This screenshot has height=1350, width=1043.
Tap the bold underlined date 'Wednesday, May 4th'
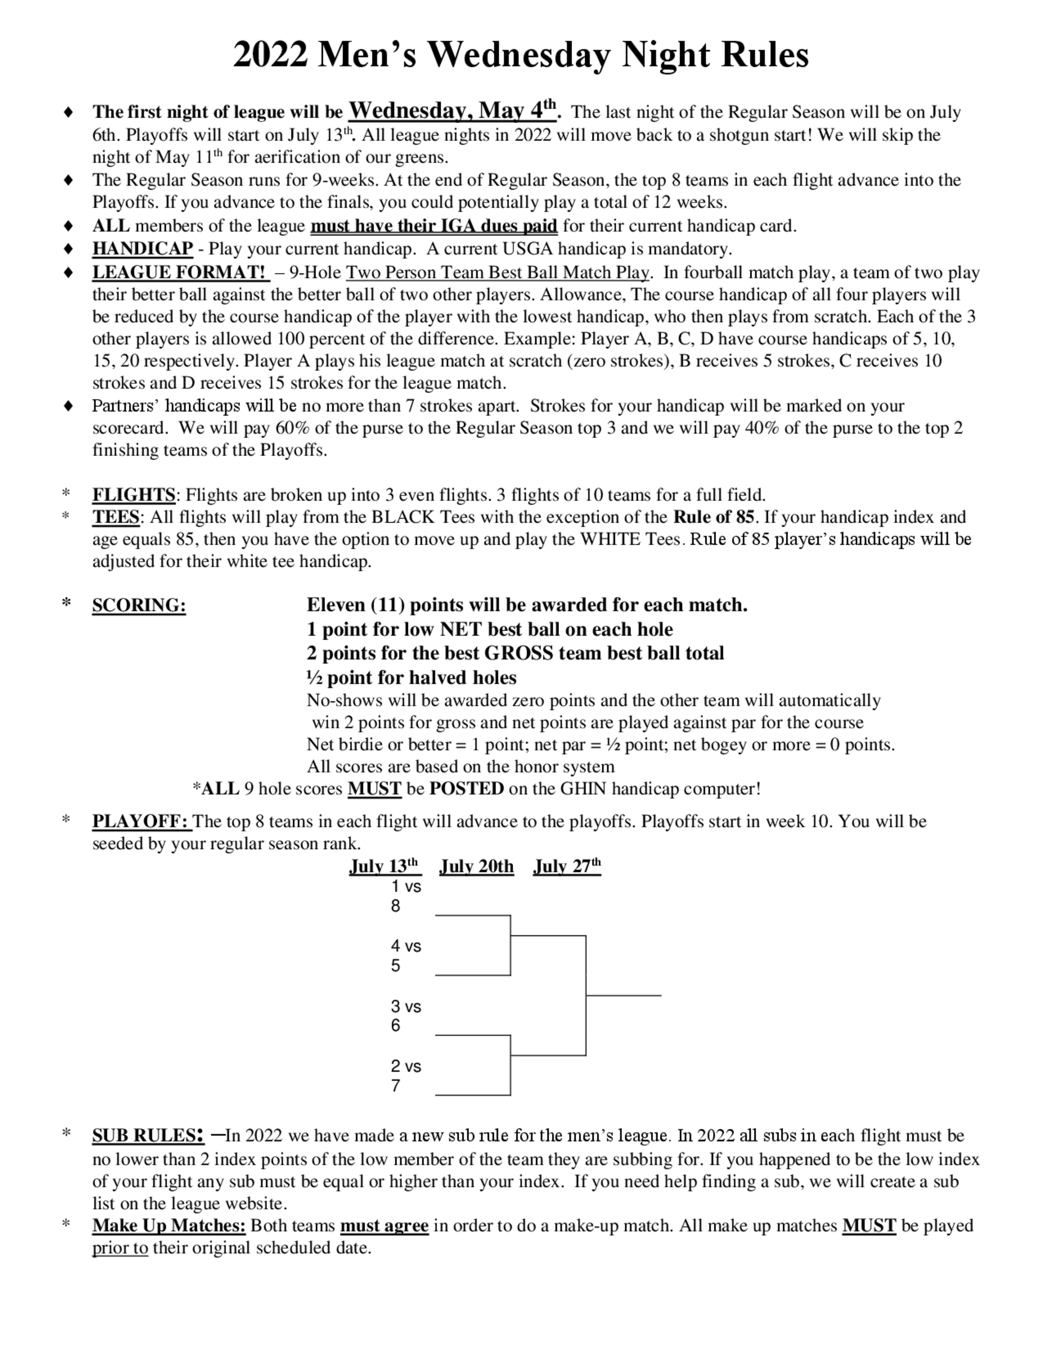tap(454, 111)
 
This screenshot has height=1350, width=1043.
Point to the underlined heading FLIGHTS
tap(134, 495)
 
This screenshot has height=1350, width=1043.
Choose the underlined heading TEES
tap(116, 517)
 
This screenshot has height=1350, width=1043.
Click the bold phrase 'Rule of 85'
tap(713, 517)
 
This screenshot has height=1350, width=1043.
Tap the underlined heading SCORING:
tap(139, 606)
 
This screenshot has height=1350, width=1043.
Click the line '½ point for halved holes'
tap(411, 678)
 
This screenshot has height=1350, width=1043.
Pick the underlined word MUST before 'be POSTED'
tap(374, 789)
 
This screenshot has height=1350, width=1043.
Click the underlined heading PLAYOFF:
tap(141, 822)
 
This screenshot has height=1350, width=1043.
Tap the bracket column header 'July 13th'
tap(384, 866)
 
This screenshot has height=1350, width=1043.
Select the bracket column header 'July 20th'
tap(477, 866)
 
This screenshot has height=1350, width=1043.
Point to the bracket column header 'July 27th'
tap(566, 866)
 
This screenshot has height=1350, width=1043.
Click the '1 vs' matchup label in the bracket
tap(406, 887)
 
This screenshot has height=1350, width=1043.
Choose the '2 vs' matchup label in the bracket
tap(406, 1066)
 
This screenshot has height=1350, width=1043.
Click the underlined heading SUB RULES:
tap(148, 1136)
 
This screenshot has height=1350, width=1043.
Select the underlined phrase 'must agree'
tap(384, 1226)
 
